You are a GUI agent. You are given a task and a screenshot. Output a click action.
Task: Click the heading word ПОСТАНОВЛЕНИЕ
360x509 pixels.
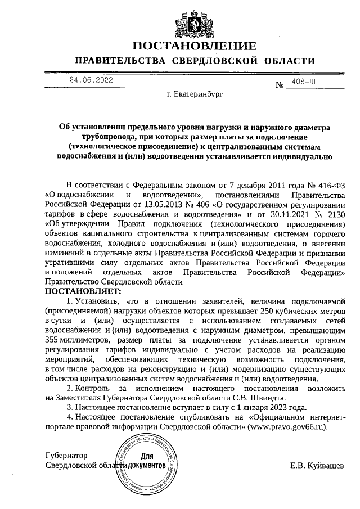(x=195, y=46)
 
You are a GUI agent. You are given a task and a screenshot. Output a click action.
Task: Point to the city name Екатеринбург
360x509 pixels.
(x=195, y=96)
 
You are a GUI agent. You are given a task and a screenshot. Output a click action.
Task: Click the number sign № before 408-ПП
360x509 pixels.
(x=280, y=85)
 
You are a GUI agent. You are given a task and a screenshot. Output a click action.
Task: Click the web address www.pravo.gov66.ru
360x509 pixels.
(x=287, y=427)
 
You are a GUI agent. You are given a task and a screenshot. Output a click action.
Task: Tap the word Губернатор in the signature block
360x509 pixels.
(x=66, y=456)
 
